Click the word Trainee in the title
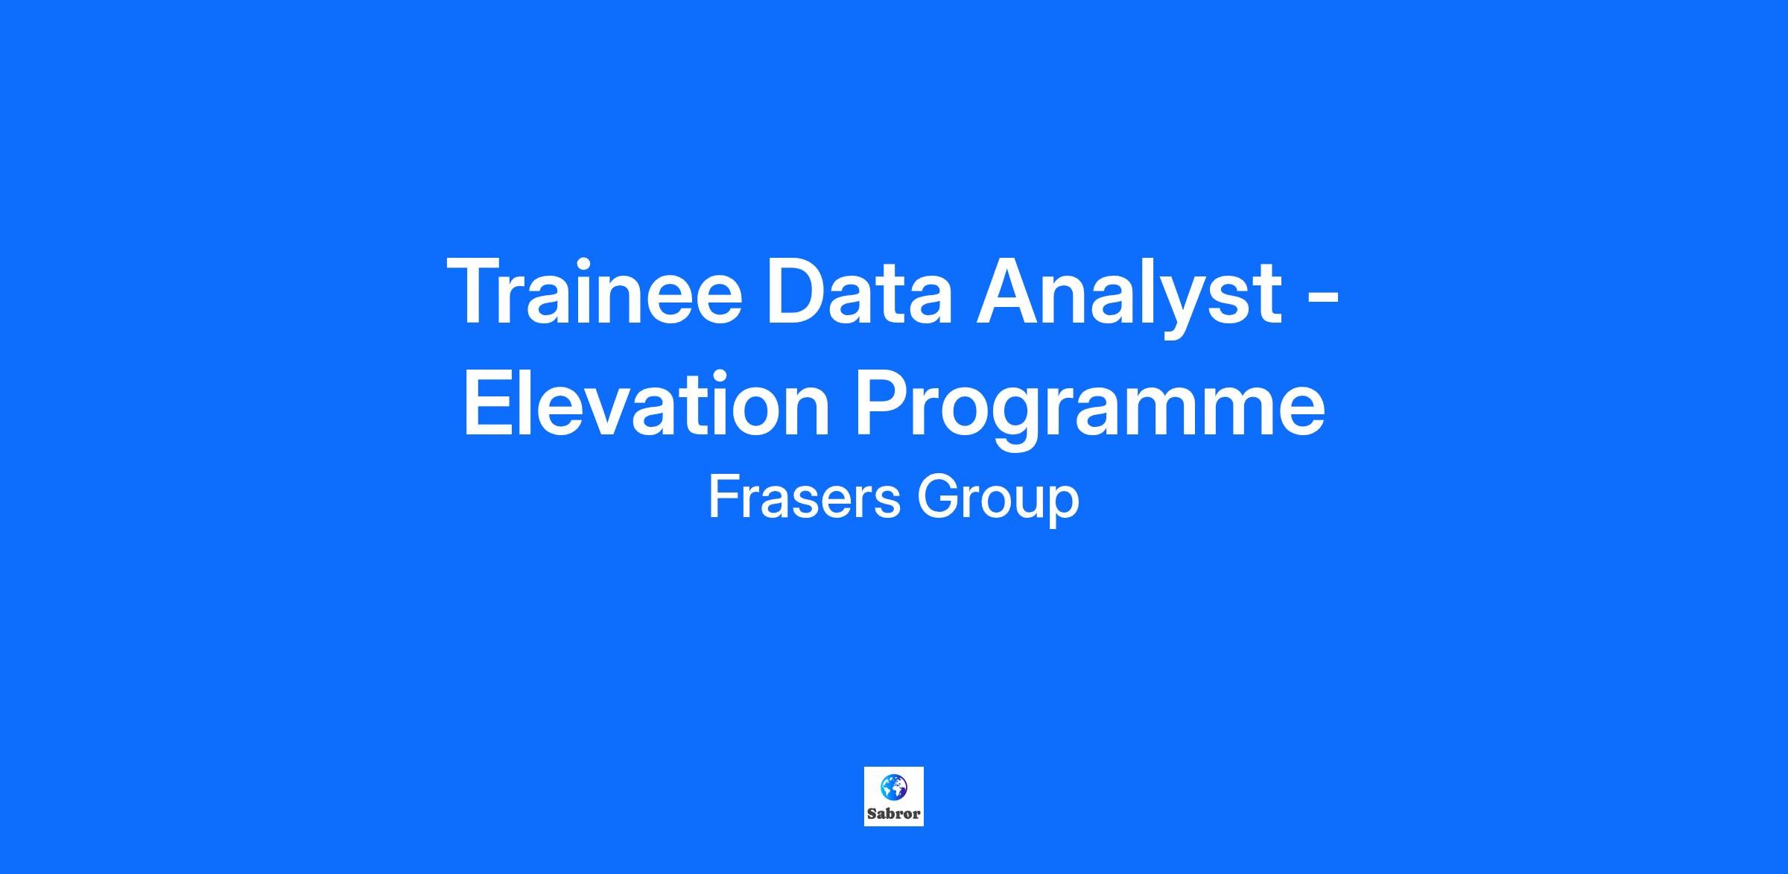(595, 291)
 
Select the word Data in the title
(858, 291)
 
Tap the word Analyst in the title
(1129, 296)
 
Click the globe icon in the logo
(894, 786)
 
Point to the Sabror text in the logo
(894, 814)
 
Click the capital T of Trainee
(478, 291)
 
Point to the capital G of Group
(938, 497)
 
